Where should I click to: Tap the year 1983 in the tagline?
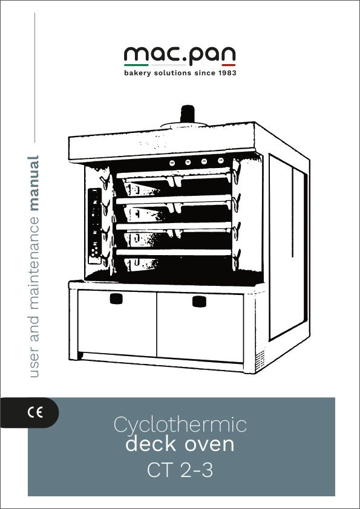coord(227,73)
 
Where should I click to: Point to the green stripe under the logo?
coord(136,65)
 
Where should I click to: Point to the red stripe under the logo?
coord(228,65)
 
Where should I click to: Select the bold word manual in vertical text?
coord(33,183)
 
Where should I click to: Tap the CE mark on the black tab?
coord(35,413)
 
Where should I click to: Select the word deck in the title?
coord(151,444)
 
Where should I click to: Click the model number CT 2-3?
coord(180,470)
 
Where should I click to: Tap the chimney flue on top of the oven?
coord(187,114)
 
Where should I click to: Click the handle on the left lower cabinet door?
coord(116,299)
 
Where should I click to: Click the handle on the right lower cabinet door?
coord(199,301)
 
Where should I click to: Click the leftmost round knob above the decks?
coord(172,163)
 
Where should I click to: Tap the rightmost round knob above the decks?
coord(221,160)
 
